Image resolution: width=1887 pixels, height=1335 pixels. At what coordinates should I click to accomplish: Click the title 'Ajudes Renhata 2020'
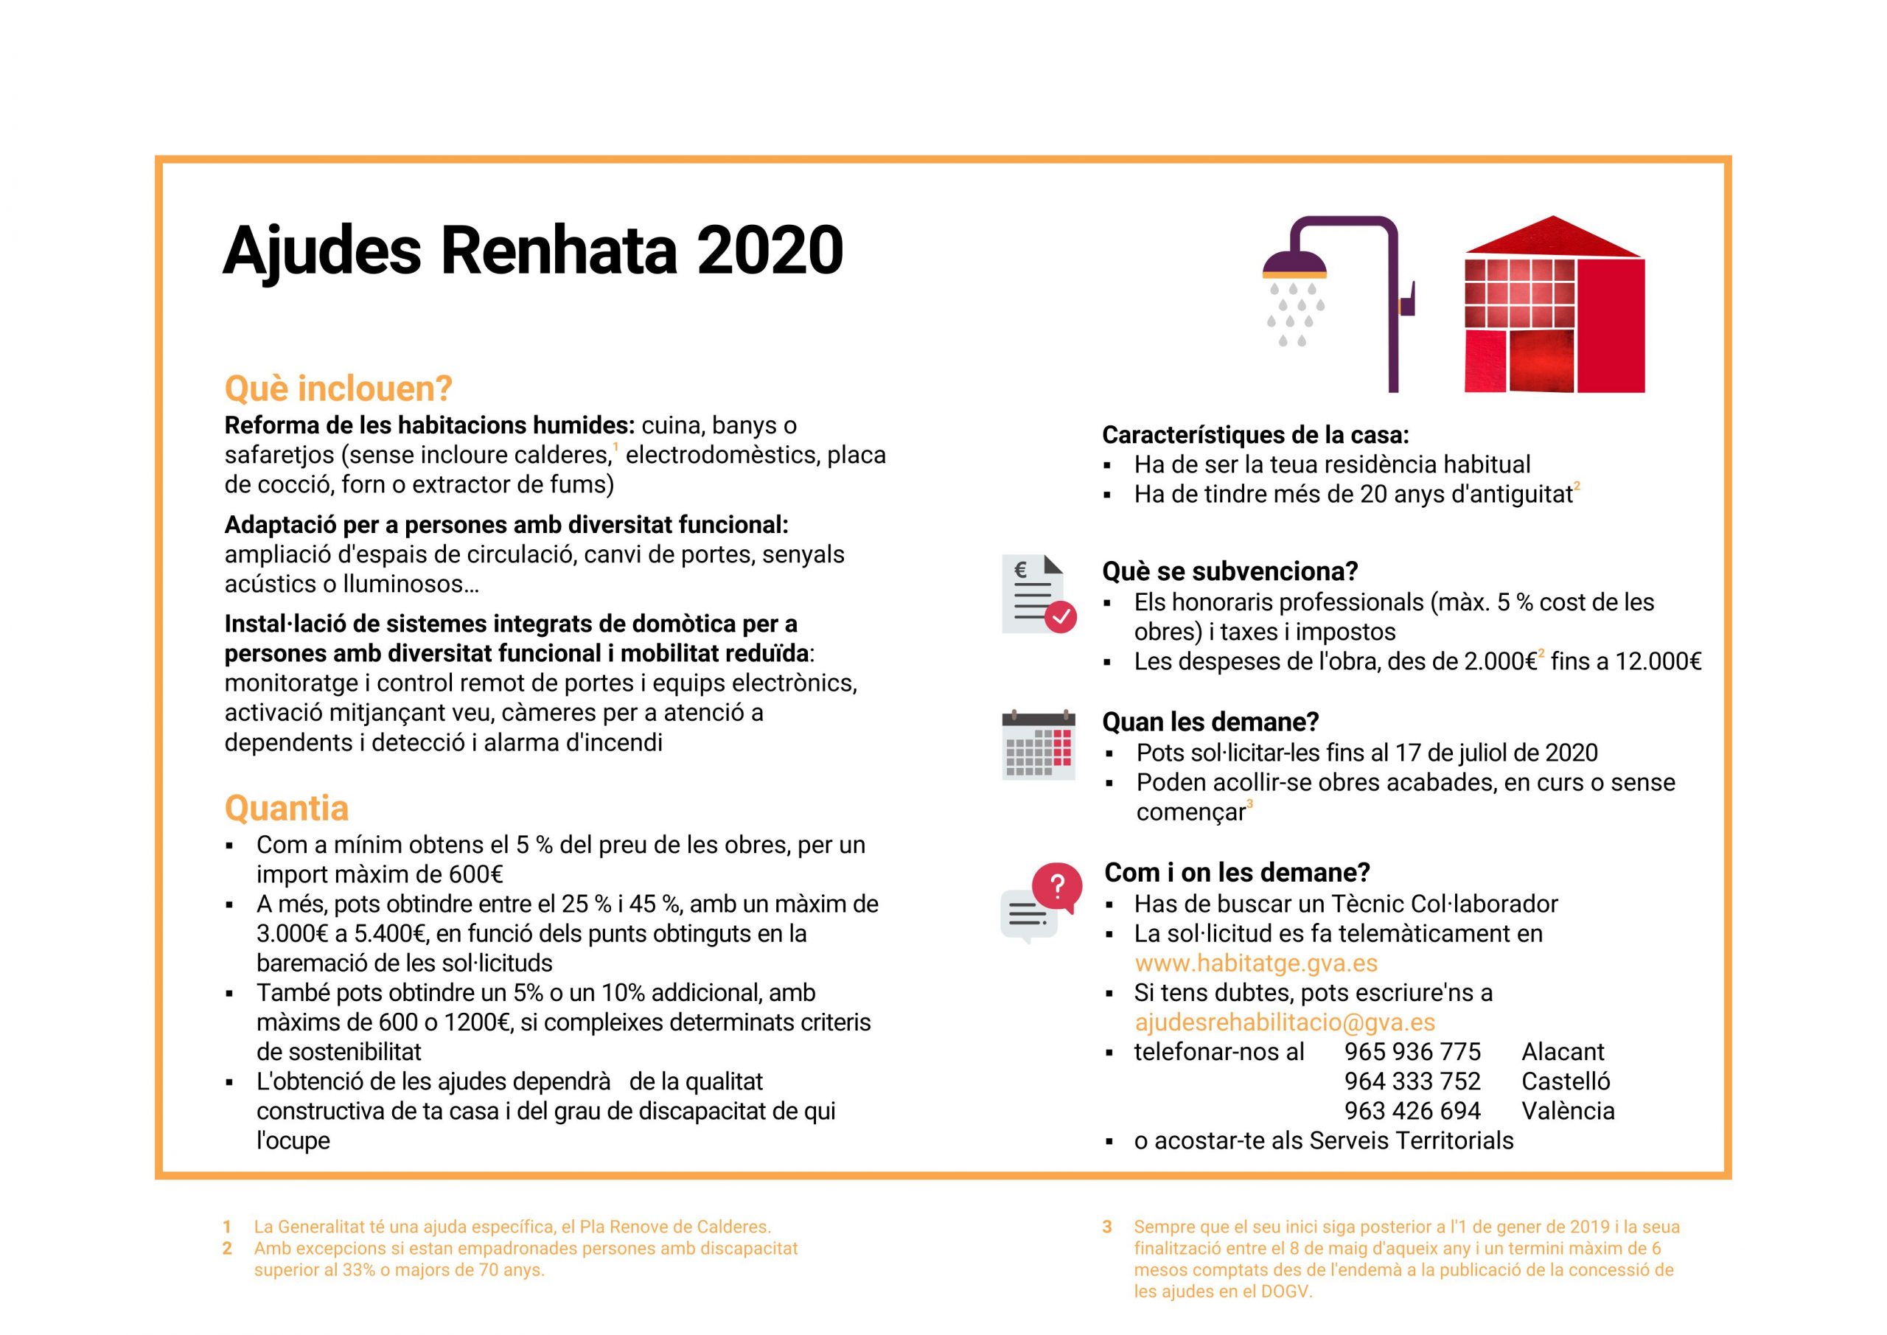point(533,250)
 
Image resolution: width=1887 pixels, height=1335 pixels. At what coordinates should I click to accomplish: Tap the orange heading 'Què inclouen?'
point(338,388)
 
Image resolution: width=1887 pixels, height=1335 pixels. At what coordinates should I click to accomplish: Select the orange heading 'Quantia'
point(286,808)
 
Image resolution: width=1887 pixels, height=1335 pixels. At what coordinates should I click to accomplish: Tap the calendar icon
point(1038,744)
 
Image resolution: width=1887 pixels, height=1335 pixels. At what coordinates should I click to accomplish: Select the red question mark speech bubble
point(1057,887)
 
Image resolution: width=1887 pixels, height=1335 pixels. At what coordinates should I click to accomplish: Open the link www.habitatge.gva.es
point(1256,963)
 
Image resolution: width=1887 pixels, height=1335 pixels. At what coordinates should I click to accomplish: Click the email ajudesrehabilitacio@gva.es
point(1285,1022)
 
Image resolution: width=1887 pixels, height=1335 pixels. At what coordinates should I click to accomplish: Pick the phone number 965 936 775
point(1412,1051)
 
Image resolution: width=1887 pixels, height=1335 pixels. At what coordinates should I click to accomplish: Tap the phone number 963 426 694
point(1412,1111)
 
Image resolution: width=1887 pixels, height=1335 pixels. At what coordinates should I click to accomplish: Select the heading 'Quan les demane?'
point(1210,722)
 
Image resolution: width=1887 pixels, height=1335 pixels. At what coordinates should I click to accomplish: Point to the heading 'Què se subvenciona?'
point(1229,571)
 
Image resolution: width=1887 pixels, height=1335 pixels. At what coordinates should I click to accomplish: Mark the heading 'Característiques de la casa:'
point(1255,435)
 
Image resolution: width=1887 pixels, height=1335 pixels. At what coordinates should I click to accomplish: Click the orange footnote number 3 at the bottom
point(1107,1227)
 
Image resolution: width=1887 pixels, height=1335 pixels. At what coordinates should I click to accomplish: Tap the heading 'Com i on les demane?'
point(1237,872)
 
